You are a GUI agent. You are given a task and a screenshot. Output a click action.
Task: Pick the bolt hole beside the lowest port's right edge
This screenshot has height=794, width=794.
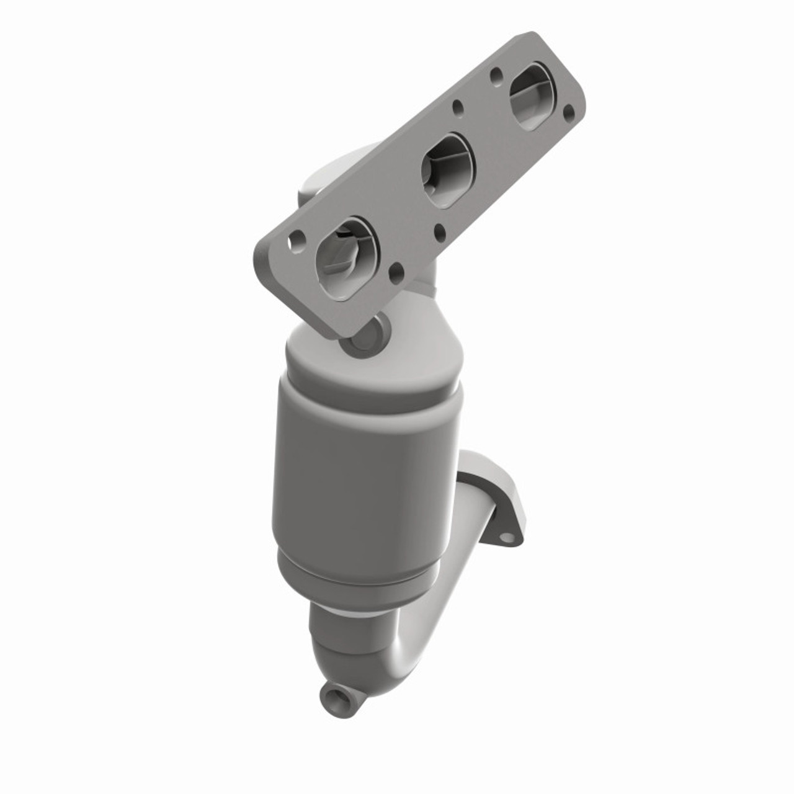click(395, 270)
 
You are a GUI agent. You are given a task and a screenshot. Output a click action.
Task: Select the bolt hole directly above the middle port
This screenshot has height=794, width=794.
click(458, 106)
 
